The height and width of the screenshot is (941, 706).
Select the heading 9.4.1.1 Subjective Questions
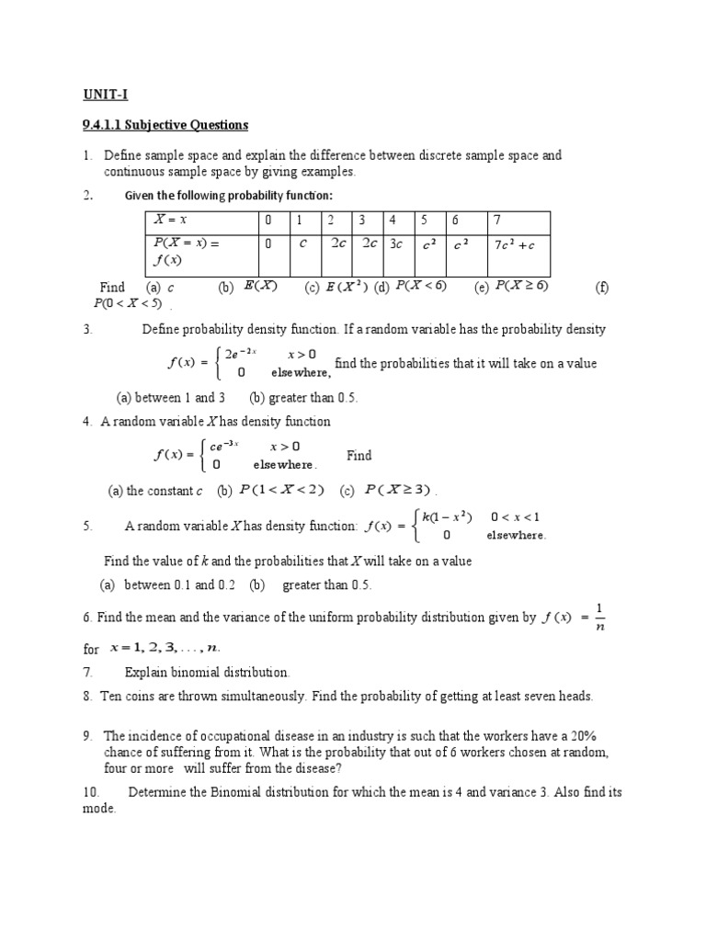coord(163,124)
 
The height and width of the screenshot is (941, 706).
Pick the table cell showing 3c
coord(395,245)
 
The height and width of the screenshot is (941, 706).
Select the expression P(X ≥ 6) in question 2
coord(521,287)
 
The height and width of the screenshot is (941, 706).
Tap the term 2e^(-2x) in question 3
coord(242,354)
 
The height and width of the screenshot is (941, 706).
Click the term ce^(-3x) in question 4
coord(224,446)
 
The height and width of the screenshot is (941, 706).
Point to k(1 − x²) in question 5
coord(447,516)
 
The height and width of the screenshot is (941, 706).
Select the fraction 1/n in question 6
coord(599,618)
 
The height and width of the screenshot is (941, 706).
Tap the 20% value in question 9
coord(577,736)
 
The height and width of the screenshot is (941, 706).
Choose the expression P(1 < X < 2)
coord(281,490)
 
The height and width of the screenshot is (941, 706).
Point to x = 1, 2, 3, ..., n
coord(170,648)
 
